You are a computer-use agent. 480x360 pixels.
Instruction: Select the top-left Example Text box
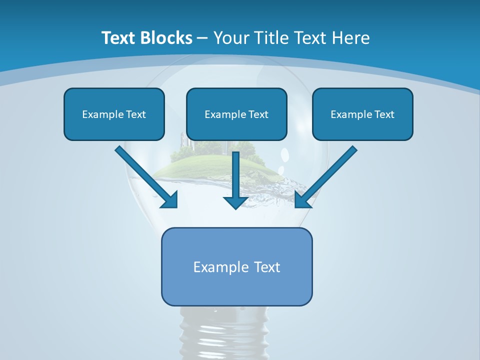pos(114,114)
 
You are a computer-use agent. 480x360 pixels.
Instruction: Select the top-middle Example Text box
pos(236,114)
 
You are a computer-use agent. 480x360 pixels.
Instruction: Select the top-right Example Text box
pos(362,114)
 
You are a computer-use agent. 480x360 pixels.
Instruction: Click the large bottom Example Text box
pos(236,267)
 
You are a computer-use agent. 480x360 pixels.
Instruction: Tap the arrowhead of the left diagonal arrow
pos(169,200)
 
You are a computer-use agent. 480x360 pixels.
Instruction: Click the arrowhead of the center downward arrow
pos(236,202)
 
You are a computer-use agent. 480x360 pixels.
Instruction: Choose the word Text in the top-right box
pos(384,114)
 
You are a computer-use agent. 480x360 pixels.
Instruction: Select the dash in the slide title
pos(202,38)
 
